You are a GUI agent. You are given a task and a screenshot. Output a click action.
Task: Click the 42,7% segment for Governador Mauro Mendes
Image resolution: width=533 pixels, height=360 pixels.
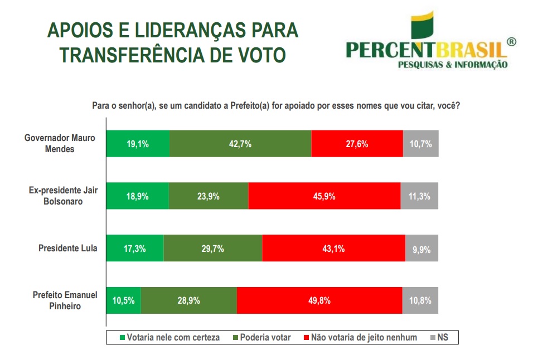coord(240,144)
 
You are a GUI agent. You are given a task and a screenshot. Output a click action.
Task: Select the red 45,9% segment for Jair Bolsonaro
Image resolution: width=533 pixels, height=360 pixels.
coord(324,196)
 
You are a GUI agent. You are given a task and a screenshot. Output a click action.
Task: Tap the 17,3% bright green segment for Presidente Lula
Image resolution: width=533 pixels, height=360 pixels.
coord(135,249)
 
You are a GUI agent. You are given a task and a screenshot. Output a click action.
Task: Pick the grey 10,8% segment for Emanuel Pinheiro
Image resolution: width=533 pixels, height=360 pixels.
coord(420,300)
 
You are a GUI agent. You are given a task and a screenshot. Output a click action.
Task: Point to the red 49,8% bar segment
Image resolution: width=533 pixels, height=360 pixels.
coord(319,300)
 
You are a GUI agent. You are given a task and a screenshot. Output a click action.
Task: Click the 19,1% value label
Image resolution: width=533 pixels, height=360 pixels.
coord(137,144)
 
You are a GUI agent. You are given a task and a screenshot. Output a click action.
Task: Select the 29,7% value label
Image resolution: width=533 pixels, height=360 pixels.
coord(212,249)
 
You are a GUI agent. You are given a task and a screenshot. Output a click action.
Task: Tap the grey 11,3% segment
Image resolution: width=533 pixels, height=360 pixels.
coord(419,196)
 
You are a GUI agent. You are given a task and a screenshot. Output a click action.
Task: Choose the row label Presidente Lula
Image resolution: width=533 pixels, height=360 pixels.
coord(67,248)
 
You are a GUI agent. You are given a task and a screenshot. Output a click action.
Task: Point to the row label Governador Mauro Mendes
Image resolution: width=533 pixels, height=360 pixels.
coord(60,143)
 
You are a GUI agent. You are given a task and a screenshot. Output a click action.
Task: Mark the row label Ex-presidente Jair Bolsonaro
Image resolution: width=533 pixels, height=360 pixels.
coord(63,196)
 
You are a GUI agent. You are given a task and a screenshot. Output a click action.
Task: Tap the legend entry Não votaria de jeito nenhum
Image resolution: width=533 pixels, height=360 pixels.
coord(360,337)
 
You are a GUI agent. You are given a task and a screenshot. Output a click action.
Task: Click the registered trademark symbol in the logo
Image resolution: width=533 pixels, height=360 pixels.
coord(511,42)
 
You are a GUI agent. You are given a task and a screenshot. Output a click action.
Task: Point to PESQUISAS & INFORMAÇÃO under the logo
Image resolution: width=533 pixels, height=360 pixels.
coord(452,65)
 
